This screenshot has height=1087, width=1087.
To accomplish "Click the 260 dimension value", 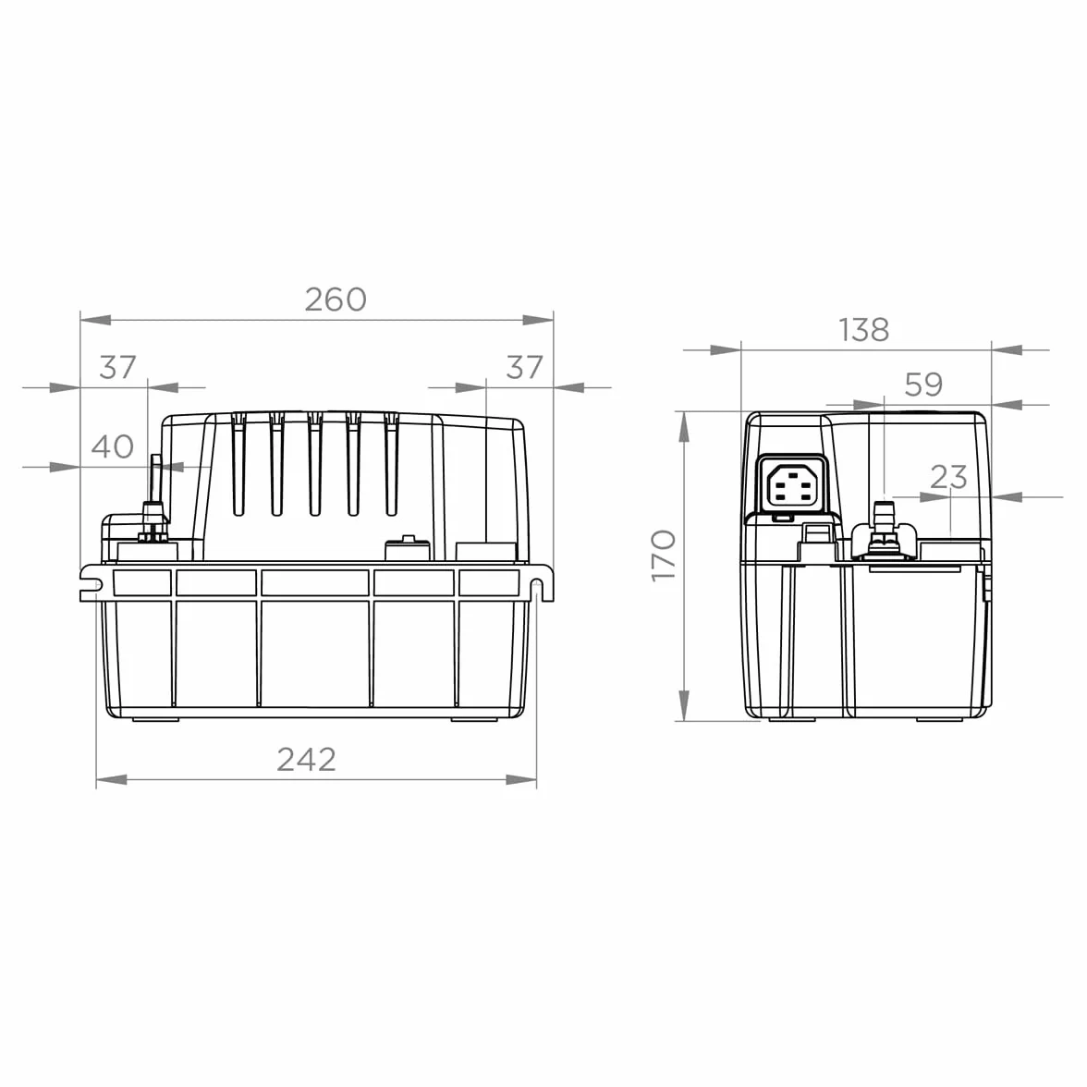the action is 336,299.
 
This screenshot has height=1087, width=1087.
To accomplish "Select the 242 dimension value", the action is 307,759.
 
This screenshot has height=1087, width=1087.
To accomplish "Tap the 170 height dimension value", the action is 664,556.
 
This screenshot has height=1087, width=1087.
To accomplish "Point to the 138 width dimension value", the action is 863,330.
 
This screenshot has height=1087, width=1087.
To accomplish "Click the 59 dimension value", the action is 924,385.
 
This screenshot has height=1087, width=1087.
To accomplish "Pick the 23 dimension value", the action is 948,477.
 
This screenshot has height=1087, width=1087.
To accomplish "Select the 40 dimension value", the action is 113,446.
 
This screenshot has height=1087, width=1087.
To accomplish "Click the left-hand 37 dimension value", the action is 118,368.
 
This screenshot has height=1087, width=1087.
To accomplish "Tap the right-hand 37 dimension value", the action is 524,368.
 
